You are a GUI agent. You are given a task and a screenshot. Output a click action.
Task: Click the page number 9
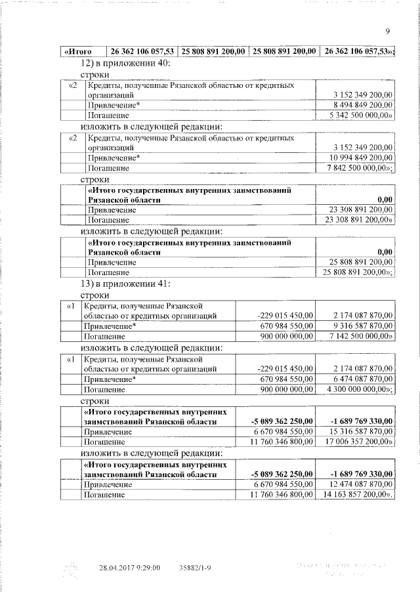coord(388,31)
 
